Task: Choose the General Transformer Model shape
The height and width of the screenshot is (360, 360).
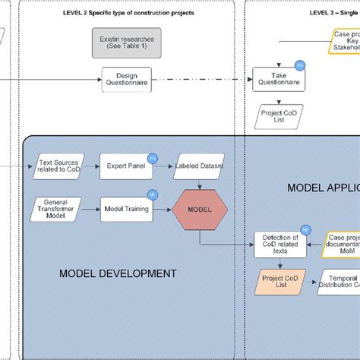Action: (x=55, y=208)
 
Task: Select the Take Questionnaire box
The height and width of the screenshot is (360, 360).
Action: (x=277, y=80)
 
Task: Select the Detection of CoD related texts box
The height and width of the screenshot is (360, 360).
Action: (x=279, y=244)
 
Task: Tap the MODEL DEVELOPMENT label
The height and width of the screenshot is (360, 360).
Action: (x=118, y=273)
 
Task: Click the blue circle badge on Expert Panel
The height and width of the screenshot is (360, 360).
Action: (x=152, y=157)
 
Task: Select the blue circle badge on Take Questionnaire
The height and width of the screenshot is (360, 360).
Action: (x=299, y=65)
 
